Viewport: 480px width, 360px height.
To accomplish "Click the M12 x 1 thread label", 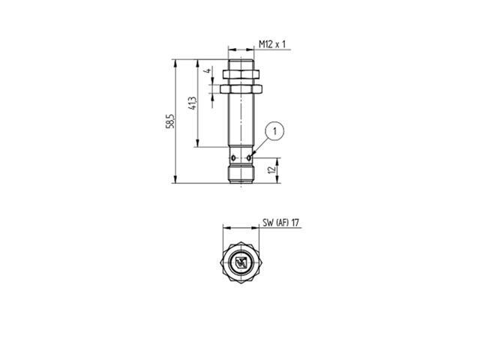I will point(274,45).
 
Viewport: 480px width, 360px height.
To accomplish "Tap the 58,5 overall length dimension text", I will point(170,121).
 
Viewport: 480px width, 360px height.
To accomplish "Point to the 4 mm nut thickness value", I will point(206,72).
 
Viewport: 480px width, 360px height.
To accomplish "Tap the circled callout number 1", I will point(275,131).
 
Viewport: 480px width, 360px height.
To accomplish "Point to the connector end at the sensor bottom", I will point(242,176).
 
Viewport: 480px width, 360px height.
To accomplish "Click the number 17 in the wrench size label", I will point(295,223).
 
